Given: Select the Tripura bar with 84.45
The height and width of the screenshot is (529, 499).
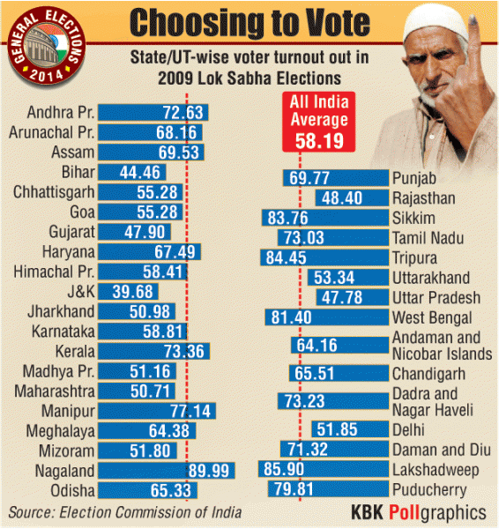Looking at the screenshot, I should [324, 257].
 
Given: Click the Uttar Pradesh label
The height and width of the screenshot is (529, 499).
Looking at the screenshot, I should [437, 297].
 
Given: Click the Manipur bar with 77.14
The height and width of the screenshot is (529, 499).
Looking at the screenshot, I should [157, 411].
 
